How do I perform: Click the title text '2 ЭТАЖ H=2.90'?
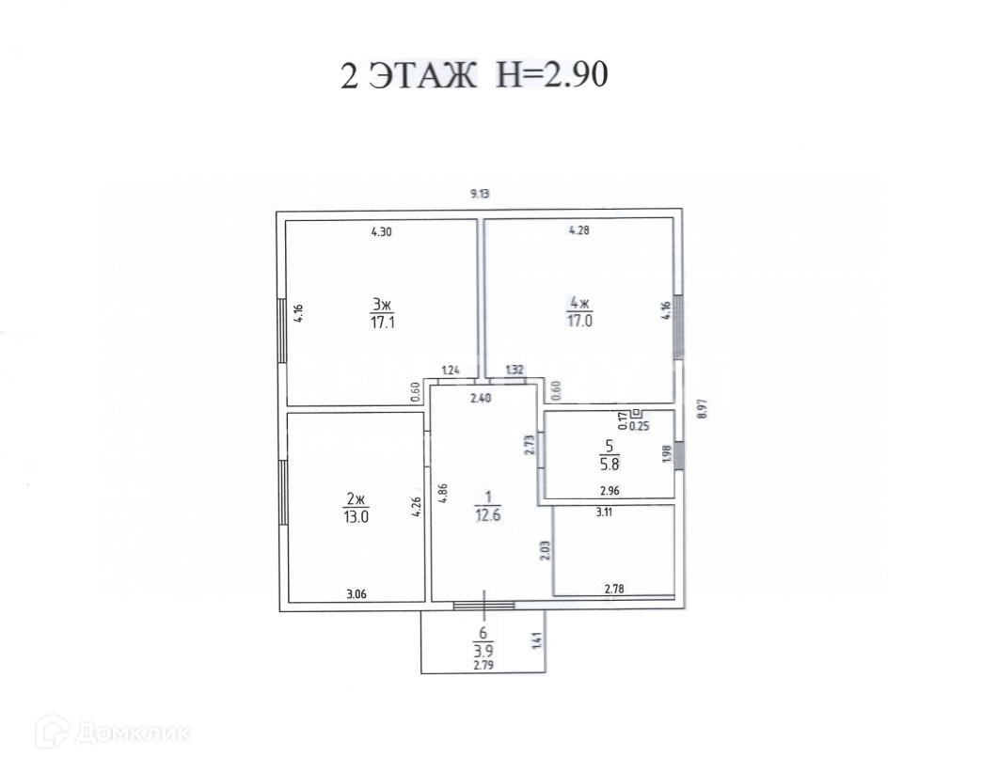(474, 76)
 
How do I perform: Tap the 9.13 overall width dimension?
(480, 194)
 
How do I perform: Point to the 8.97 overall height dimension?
(702, 409)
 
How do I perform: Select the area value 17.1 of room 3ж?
(382, 323)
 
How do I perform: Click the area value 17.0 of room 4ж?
(580, 322)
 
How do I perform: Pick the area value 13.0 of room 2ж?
(356, 517)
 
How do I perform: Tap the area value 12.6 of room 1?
(488, 515)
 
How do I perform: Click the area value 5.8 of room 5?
(609, 465)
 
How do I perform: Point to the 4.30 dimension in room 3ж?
(381, 232)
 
